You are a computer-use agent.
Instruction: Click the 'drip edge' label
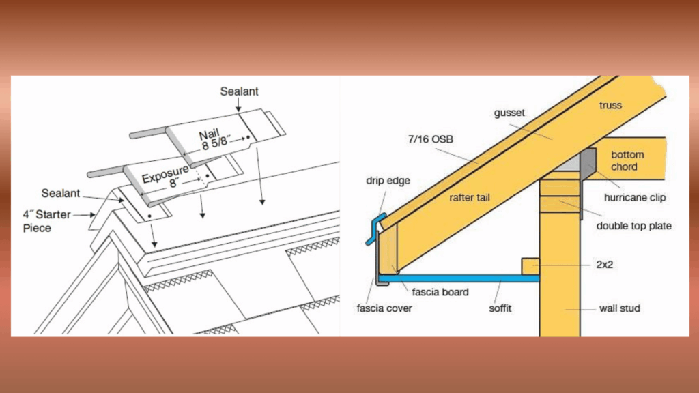(x=388, y=180)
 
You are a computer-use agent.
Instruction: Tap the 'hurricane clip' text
(x=635, y=197)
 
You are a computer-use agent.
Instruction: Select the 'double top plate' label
(x=634, y=226)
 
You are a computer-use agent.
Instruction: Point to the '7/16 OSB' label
(x=431, y=139)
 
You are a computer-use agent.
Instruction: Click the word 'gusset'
(x=509, y=113)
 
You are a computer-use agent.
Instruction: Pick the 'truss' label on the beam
(x=610, y=106)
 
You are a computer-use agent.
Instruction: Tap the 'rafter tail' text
(x=470, y=197)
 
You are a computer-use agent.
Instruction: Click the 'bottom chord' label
(x=627, y=160)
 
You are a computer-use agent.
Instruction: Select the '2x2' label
(x=605, y=265)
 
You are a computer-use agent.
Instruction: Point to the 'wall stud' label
(x=620, y=308)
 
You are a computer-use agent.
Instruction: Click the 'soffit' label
(x=500, y=308)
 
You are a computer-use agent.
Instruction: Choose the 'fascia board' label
(x=440, y=292)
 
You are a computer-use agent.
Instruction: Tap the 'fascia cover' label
(x=384, y=308)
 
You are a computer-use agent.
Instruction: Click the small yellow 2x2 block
(x=530, y=267)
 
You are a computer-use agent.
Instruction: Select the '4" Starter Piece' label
(x=47, y=222)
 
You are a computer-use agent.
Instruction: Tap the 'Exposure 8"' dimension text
(x=167, y=177)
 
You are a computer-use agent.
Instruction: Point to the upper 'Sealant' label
(x=239, y=91)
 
